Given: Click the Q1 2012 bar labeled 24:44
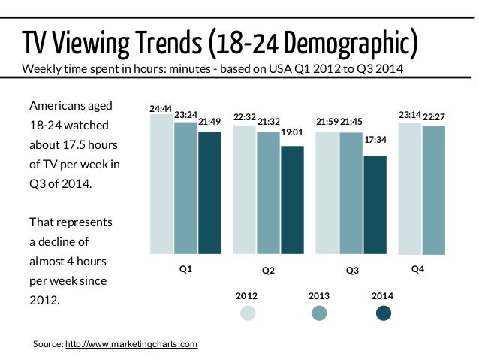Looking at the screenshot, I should coord(161,183).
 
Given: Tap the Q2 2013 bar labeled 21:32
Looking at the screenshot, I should coord(268,192).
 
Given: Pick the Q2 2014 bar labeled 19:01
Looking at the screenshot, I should coord(292,199).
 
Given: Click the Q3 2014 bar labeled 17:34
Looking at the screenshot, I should coord(375,204).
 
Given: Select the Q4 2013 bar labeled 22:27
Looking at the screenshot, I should coord(433,189).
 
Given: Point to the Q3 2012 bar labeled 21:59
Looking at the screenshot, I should coord(327,192).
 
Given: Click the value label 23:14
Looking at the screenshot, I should coord(409,115).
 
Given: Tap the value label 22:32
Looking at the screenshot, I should coord(245,117).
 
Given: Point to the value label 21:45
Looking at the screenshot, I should coord(351,122).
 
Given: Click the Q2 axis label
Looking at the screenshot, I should coord(268,270).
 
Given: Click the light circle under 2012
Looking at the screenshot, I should coord(248,313).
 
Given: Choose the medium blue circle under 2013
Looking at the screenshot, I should coord(320,313).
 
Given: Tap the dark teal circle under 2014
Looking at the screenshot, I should coord(384,313).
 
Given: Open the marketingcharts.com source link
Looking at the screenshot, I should coord(131,344).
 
